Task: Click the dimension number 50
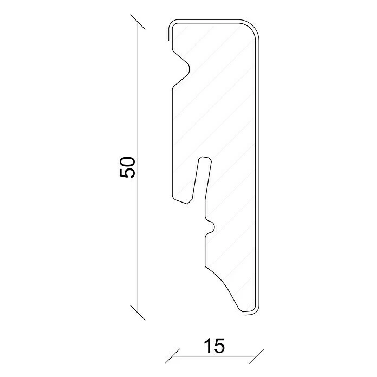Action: [127, 167]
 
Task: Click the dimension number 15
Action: [214, 346]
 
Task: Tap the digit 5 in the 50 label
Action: [127, 173]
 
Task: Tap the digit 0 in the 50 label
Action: [127, 162]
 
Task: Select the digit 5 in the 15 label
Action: [219, 346]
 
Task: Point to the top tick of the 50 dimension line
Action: [138, 22]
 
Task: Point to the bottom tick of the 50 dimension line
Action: [138, 313]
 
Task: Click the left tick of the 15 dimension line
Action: [172, 356]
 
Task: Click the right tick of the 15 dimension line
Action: [257, 356]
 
